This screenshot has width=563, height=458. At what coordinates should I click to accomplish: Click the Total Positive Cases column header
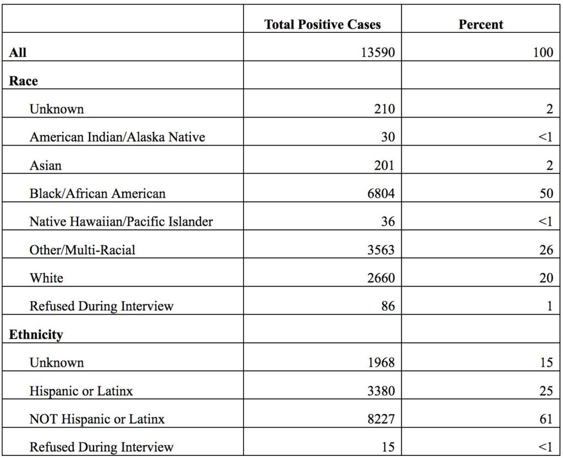point(322,24)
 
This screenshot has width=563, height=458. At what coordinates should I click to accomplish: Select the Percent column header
point(481,24)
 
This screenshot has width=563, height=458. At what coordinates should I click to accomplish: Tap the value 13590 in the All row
point(378,52)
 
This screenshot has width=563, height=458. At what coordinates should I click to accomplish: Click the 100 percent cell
point(543,52)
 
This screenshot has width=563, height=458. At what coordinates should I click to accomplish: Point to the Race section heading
point(23,81)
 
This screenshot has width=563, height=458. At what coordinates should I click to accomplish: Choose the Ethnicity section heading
point(36,334)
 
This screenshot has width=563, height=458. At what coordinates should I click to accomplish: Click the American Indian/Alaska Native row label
point(118,137)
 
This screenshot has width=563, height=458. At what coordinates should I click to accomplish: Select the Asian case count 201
point(384,165)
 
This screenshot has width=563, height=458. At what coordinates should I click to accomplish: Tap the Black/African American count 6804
point(381,193)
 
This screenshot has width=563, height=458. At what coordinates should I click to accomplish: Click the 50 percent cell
point(546,193)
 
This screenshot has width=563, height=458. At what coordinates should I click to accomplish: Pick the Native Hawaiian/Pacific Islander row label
point(122,221)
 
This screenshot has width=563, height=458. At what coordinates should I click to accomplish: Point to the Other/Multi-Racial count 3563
point(381,250)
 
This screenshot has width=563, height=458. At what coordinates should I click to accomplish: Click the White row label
point(46,277)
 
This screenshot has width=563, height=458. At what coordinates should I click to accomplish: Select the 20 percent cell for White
point(546,277)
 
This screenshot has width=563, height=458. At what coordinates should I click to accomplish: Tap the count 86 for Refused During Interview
point(388,306)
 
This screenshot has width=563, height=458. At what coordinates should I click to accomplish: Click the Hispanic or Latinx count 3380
point(381,390)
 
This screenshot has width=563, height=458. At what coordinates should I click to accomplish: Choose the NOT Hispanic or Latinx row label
point(97,418)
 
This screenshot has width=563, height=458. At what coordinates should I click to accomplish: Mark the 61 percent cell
point(546,418)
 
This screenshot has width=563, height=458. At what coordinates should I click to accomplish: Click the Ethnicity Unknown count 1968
point(381,362)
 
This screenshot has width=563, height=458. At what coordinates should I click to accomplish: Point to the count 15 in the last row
point(388,447)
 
